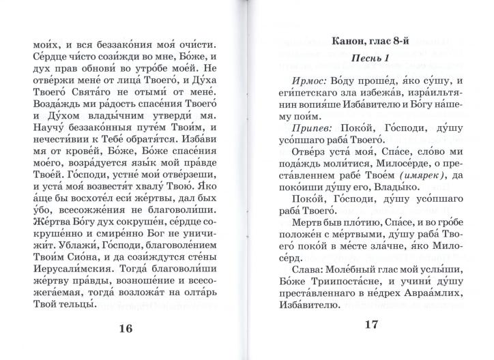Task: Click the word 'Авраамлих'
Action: point(422,277)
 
